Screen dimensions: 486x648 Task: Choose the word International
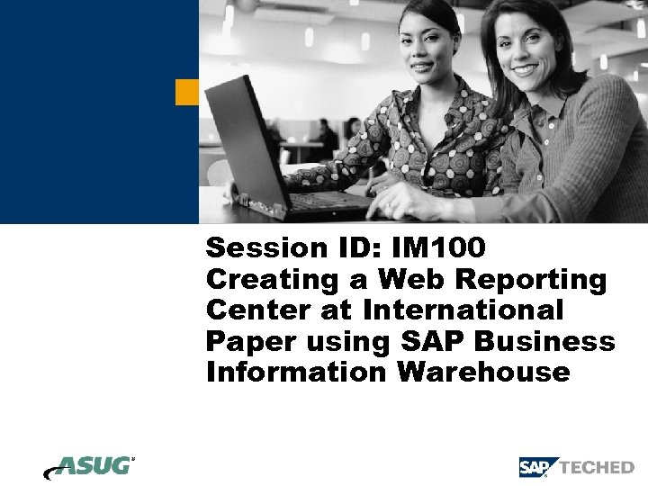463,310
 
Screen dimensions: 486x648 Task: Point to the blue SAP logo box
537,467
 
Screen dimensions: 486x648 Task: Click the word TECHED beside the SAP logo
598,468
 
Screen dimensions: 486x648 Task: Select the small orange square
186,91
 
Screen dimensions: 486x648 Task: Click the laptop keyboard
324,202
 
